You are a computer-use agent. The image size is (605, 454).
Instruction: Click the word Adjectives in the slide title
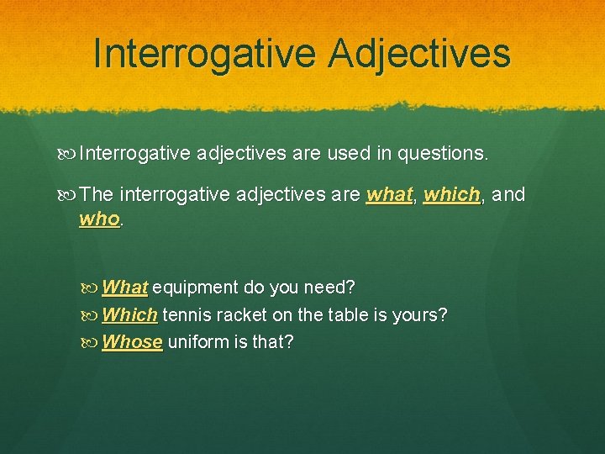pos(419,53)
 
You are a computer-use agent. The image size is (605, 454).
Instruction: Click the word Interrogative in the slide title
pos(205,53)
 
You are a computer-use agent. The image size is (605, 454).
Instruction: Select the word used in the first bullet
pos(344,154)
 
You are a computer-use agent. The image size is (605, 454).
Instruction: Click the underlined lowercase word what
pos(390,195)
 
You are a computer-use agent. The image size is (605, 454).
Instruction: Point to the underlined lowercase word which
pos(451,195)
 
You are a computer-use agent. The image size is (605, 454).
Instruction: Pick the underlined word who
pos(100,219)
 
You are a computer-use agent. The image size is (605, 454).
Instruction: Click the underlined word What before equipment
pos(124,288)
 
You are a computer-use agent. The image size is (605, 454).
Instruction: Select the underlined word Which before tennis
pos(129,315)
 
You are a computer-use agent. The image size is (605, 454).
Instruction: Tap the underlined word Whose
pos(132,342)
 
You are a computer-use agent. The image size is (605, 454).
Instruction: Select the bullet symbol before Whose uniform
pos(91,342)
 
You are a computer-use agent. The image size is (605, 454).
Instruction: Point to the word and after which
pos(508,195)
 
